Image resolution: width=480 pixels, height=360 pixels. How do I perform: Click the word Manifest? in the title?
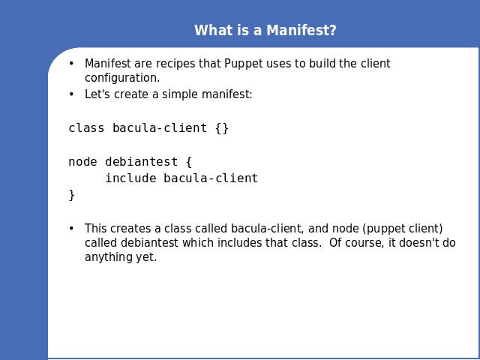click(x=301, y=31)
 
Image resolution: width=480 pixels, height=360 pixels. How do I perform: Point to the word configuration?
click(x=122, y=78)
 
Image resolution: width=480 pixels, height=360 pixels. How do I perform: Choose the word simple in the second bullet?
click(x=180, y=94)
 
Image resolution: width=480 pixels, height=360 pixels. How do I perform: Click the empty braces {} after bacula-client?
click(x=222, y=128)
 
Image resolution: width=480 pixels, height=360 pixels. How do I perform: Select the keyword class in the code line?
click(x=86, y=128)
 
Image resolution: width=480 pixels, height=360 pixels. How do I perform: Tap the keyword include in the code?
click(x=130, y=178)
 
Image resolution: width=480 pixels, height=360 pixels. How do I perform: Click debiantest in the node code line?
click(x=142, y=162)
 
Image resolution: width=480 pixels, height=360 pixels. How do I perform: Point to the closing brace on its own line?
click(x=72, y=195)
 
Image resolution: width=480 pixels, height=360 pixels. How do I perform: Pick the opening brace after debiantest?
click(x=189, y=162)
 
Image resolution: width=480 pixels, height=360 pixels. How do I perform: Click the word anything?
click(x=109, y=257)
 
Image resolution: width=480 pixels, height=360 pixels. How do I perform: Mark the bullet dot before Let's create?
click(x=71, y=94)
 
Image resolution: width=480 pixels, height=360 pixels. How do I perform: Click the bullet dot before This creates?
click(x=71, y=229)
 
